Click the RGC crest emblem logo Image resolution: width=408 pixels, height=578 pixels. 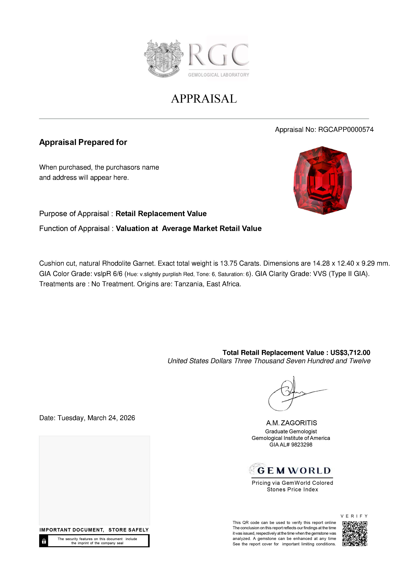pos(163,58)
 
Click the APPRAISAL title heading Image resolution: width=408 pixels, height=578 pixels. pos(204,99)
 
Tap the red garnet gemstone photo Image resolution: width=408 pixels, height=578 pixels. pos(323,180)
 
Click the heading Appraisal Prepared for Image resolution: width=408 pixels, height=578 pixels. pos(83,142)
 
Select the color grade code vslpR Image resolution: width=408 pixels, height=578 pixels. pos(102,274)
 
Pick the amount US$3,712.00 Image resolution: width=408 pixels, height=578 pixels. pos(350,352)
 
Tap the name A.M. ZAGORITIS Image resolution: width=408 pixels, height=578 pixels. pos(292,423)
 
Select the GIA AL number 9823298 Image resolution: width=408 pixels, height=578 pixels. pos(302,445)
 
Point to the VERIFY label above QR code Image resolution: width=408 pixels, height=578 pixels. pos(354,516)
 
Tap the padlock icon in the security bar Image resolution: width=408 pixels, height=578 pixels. pos(44,541)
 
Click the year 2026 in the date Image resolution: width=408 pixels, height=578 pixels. pos(127,418)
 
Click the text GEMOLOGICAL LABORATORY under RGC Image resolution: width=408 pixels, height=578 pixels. pos(218,75)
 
